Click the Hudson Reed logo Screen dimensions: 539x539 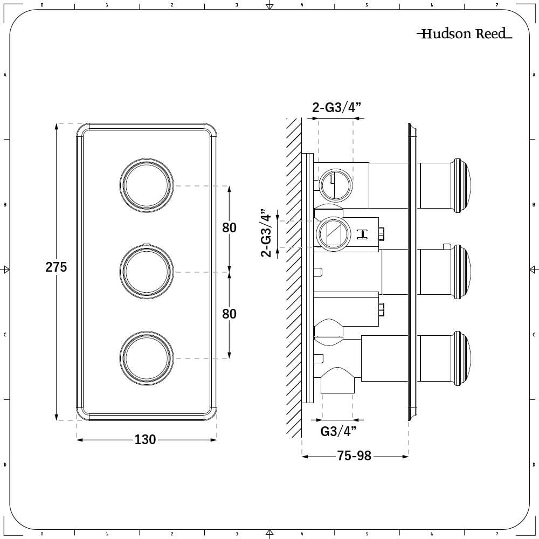[464, 34]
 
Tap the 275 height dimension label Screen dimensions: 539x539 [56, 267]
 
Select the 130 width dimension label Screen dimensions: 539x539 [145, 440]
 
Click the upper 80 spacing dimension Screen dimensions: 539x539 [229, 227]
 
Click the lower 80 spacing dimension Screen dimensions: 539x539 [229, 313]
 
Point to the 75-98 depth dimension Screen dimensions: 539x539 [354, 456]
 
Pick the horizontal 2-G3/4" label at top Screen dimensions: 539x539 [337, 107]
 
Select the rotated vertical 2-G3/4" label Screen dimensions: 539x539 [266, 233]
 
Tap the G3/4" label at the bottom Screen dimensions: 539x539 [338, 431]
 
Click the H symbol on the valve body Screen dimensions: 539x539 [363, 233]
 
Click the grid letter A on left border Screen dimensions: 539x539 [5, 75]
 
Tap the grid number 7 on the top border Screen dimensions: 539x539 [496, 5]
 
